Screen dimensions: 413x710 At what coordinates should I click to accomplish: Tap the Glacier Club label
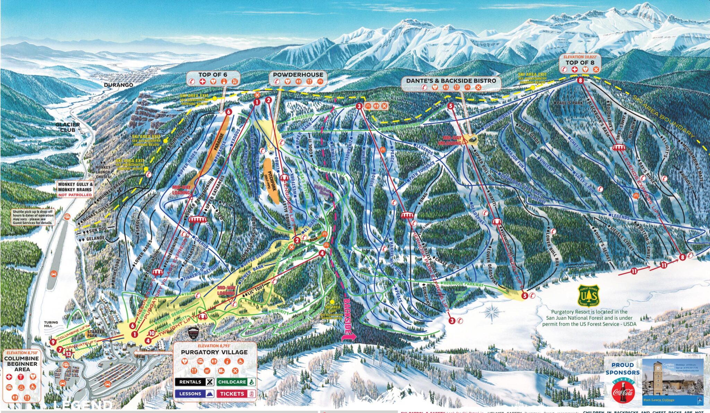pyautogui.click(x=68, y=127)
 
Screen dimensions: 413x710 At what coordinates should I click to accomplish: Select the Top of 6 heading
pyautogui.click(x=213, y=74)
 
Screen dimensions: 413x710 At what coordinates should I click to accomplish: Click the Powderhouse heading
pyautogui.click(x=298, y=74)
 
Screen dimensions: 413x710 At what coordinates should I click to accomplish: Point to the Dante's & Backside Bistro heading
pyautogui.click(x=451, y=80)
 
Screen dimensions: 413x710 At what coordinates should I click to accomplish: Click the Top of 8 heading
pyautogui.click(x=580, y=62)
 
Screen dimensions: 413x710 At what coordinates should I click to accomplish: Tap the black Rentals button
pyautogui.click(x=195, y=382)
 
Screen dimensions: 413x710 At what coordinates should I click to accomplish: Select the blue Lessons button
pyautogui.click(x=195, y=394)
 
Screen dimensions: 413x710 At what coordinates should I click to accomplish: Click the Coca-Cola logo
pyautogui.click(x=623, y=392)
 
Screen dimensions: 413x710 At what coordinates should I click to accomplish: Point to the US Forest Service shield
pyautogui.click(x=589, y=295)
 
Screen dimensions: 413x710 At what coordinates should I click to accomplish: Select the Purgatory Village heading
pyautogui.click(x=214, y=352)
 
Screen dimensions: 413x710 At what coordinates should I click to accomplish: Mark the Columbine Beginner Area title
pyautogui.click(x=22, y=364)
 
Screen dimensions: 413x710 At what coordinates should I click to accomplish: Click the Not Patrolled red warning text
pyautogui.click(x=75, y=195)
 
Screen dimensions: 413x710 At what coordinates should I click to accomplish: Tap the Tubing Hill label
pyautogui.click(x=51, y=324)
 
